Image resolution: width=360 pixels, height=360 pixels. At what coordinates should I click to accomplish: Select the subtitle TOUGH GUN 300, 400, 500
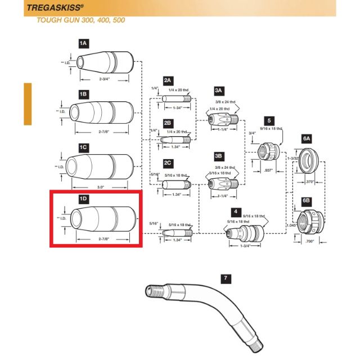coord(80,20)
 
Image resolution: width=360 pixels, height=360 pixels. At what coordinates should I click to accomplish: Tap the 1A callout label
coord(83,43)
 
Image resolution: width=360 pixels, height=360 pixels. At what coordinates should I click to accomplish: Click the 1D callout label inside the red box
coord(83,199)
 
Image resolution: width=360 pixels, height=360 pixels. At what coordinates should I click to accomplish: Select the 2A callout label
coord(168,81)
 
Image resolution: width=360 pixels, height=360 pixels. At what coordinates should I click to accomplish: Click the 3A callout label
coord(219,89)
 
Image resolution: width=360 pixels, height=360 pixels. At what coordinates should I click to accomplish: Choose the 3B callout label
coord(219,155)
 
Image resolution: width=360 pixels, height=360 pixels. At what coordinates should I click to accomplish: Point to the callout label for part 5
coord(269,120)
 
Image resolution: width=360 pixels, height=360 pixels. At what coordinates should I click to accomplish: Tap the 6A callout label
coord(307,138)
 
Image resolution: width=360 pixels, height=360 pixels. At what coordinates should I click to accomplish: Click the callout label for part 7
coord(226,278)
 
